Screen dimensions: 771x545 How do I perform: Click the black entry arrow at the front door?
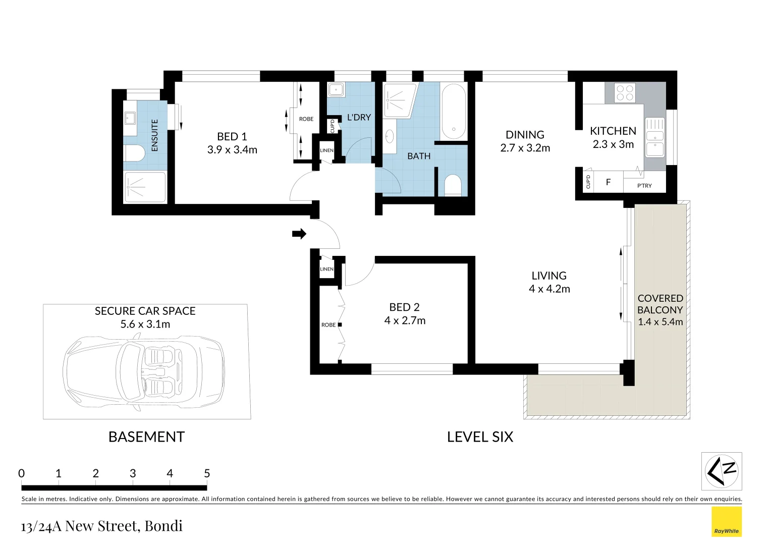pyautogui.click(x=299, y=234)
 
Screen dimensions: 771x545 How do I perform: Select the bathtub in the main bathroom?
pyautogui.click(x=454, y=112)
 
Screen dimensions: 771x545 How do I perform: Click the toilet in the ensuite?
pyautogui.click(x=134, y=153)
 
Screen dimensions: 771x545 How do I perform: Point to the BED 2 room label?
pyautogui.click(x=405, y=307)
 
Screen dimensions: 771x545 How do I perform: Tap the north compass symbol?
pyautogui.click(x=722, y=471)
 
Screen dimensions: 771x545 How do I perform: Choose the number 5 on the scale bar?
pyautogui.click(x=207, y=473)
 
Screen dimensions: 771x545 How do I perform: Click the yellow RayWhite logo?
pyautogui.click(x=727, y=522)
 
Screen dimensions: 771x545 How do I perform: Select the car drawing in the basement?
pyautogui.click(x=144, y=372)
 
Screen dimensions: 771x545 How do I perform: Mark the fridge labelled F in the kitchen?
pyautogui.click(x=608, y=182)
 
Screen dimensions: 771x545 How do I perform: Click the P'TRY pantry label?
pyautogui.click(x=644, y=186)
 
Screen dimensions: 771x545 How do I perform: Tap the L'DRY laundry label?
pyautogui.click(x=359, y=118)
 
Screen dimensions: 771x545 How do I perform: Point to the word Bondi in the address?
pyautogui.click(x=163, y=526)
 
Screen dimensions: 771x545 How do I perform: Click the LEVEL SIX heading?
pyautogui.click(x=480, y=437)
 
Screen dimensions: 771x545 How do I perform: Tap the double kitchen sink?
pyautogui.click(x=654, y=137)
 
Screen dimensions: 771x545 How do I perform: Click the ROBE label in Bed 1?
pyautogui.click(x=306, y=119)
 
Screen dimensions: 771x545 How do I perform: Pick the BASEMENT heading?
pyautogui.click(x=147, y=437)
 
